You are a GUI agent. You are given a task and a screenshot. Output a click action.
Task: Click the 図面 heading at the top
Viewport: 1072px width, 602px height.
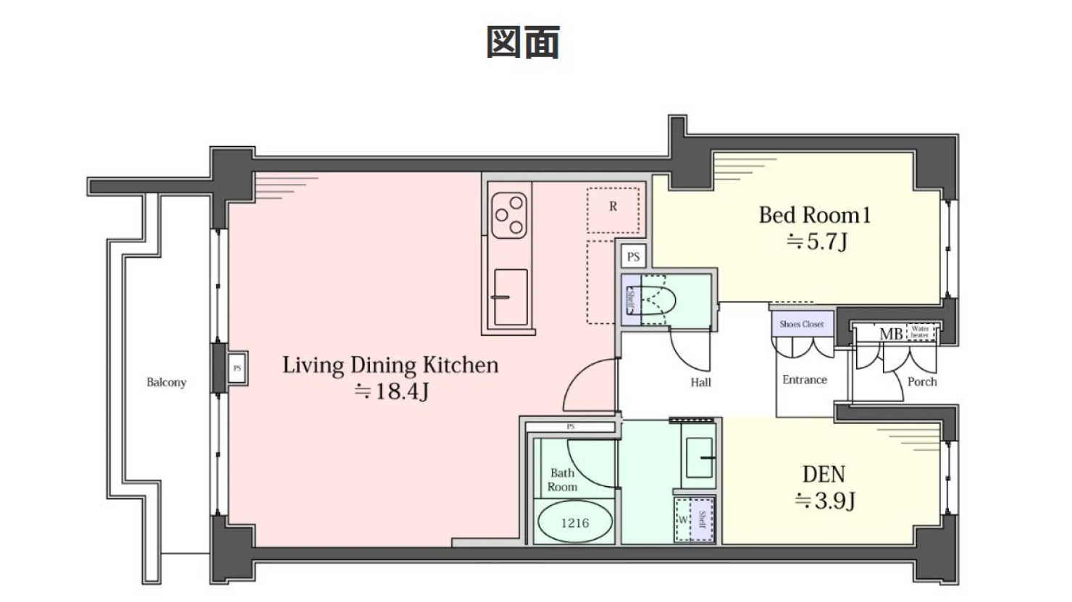pos(522,42)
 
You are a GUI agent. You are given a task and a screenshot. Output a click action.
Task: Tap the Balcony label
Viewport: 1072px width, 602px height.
pos(166,382)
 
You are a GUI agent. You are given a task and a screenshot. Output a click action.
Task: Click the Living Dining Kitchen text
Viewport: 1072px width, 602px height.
pos(390,365)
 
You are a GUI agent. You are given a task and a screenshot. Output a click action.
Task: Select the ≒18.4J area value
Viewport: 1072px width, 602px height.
pos(391,391)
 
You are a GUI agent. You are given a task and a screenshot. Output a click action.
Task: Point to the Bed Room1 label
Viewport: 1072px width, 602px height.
pos(815,215)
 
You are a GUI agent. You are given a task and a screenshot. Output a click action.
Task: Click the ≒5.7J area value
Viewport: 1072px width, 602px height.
pos(816,241)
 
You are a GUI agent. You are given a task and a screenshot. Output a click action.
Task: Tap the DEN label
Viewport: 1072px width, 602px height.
pos(824,474)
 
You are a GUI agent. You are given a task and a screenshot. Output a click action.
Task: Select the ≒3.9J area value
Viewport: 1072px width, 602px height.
pos(825,500)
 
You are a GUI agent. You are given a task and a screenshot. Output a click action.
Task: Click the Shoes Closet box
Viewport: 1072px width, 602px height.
pos(801,323)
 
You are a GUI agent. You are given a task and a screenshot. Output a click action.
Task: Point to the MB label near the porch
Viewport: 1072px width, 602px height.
pos(890,334)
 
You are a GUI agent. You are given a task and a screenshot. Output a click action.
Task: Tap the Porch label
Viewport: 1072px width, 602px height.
pos(921,381)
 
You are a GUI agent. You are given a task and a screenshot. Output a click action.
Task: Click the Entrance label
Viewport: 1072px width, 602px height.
pos(804,379)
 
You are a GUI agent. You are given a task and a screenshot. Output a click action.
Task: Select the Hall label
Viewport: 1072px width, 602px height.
pos(700,382)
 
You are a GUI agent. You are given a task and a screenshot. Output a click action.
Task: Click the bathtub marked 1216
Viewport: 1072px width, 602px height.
pos(575,522)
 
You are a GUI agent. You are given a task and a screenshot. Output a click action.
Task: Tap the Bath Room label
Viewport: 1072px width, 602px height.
pos(562,480)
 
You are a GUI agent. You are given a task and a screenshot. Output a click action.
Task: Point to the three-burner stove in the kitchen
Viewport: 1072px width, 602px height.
pos(509,215)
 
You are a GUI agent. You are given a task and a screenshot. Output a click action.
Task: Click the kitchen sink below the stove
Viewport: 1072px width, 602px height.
pos(510,296)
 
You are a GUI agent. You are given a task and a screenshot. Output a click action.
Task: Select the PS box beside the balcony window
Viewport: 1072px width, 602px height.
pos(237,368)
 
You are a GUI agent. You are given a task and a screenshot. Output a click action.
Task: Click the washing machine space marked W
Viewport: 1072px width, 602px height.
pos(683,520)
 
